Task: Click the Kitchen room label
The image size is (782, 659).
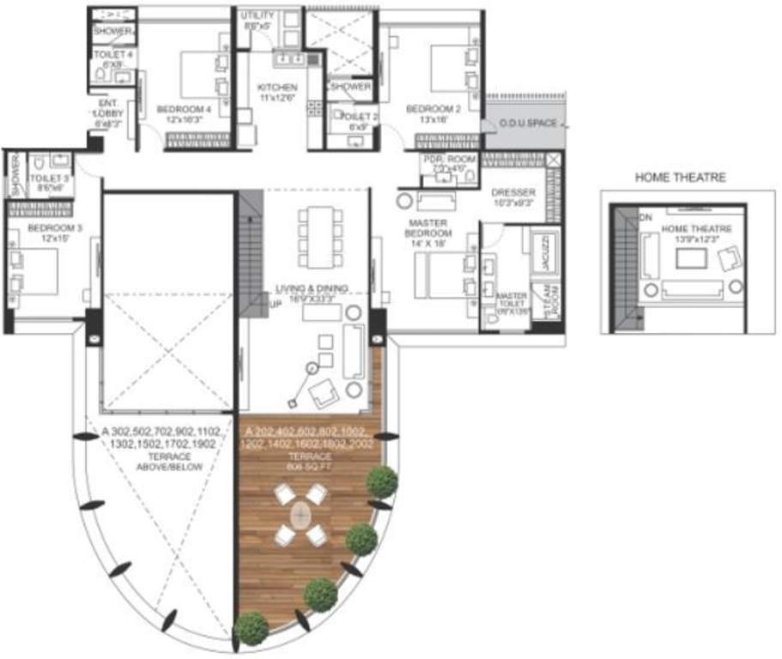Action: tap(277, 88)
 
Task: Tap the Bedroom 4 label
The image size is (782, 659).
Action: tap(184, 109)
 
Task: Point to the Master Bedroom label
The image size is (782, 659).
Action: tap(428, 227)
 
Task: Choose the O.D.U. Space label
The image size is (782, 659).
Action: tap(529, 124)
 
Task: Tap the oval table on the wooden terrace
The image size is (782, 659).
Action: tap(301, 516)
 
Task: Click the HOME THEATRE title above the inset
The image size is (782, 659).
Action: tap(680, 178)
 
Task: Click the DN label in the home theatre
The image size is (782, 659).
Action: tap(645, 218)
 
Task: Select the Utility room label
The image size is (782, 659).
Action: tap(257, 16)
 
